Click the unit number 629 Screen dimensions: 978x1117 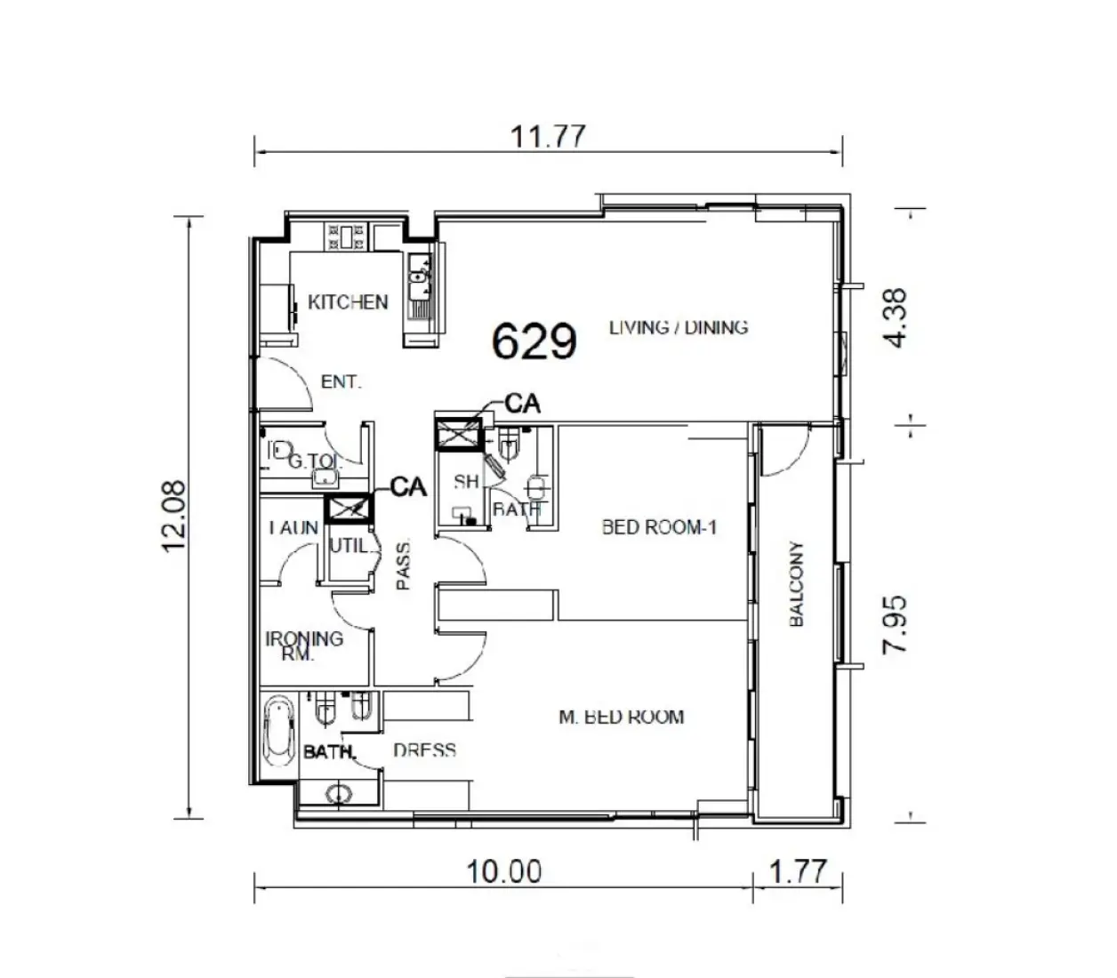(534, 341)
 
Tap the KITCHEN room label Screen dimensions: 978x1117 (348, 302)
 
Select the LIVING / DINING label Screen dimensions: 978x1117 (679, 327)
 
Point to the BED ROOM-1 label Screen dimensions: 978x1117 (659, 527)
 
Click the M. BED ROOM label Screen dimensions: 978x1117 (622, 717)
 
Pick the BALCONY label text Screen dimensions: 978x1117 (796, 584)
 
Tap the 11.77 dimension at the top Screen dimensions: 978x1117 (548, 137)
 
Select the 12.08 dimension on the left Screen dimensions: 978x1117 (174, 516)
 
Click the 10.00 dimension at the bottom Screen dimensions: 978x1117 (504, 871)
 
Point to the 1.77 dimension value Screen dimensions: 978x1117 (797, 871)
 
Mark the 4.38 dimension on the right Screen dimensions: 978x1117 (896, 317)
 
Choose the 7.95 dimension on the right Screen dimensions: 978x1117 (896, 625)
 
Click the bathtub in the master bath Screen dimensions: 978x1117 (280, 731)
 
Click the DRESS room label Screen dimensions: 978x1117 (424, 750)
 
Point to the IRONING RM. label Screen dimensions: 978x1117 (303, 645)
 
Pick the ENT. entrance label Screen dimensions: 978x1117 (341, 382)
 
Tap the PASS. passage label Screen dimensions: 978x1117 (403, 565)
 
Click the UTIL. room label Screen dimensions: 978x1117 (348, 546)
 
